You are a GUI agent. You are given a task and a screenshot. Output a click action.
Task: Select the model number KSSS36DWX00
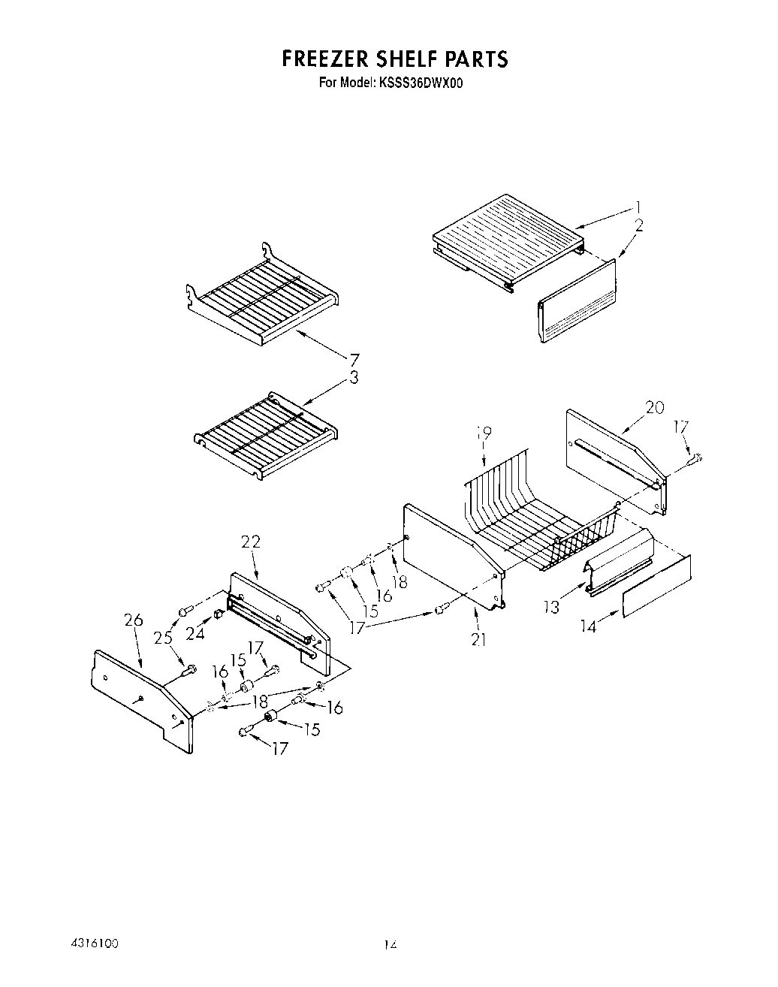click(421, 83)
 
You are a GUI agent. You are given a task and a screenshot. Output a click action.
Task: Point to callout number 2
click(638, 224)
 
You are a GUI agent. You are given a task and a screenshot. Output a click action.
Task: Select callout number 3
click(354, 379)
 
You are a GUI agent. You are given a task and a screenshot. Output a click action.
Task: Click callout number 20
click(654, 407)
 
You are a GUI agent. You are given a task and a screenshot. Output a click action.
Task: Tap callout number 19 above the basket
click(484, 433)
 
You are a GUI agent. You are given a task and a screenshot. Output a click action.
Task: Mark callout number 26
click(133, 620)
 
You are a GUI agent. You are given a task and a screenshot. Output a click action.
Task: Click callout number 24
click(195, 634)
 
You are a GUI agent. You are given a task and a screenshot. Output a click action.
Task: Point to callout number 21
click(478, 639)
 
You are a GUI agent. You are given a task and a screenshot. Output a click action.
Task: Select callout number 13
click(553, 607)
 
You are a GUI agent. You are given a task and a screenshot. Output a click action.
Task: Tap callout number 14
click(589, 626)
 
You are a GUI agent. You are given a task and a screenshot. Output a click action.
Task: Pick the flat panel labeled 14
click(656, 586)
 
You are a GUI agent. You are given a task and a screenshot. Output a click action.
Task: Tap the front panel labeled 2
click(577, 300)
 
